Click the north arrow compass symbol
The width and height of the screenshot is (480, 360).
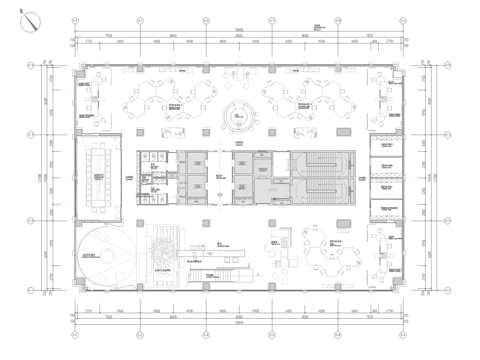pyautogui.click(x=33, y=19)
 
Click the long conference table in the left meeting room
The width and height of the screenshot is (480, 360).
pyautogui.click(x=99, y=176)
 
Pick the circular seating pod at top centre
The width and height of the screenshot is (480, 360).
pyautogui.click(x=240, y=116)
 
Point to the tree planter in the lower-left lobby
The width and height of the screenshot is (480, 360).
pyautogui.click(x=164, y=245)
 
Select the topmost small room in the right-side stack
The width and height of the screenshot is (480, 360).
pyautogui.click(x=385, y=147)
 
